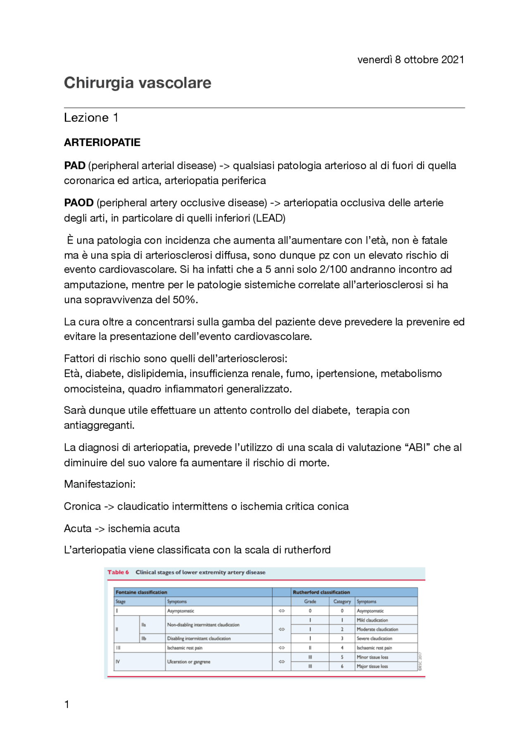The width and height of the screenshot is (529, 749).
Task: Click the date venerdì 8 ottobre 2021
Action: [x=410, y=60]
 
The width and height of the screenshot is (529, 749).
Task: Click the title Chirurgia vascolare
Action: [x=137, y=83]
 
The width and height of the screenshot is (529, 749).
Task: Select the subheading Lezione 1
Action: [x=91, y=118]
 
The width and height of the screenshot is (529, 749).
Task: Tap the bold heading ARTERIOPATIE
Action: [x=102, y=143]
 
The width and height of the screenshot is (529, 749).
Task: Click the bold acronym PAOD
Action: [x=79, y=203]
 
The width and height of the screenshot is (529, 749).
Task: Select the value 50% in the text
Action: [x=184, y=300]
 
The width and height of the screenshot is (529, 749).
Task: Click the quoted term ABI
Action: [x=417, y=447]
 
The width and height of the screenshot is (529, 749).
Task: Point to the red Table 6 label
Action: [x=118, y=572]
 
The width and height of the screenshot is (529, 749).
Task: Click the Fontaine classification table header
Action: [x=141, y=592]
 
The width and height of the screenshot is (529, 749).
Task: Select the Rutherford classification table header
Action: [x=321, y=592]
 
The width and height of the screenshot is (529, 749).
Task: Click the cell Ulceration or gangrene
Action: [x=188, y=662]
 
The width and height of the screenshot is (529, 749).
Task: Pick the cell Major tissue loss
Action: [x=372, y=666]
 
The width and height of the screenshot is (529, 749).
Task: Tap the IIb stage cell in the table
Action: [x=144, y=639]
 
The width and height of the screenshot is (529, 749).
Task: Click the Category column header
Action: [x=342, y=602]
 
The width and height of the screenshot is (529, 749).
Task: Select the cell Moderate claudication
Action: [x=377, y=629]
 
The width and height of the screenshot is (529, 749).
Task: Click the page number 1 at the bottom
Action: [x=67, y=704]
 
